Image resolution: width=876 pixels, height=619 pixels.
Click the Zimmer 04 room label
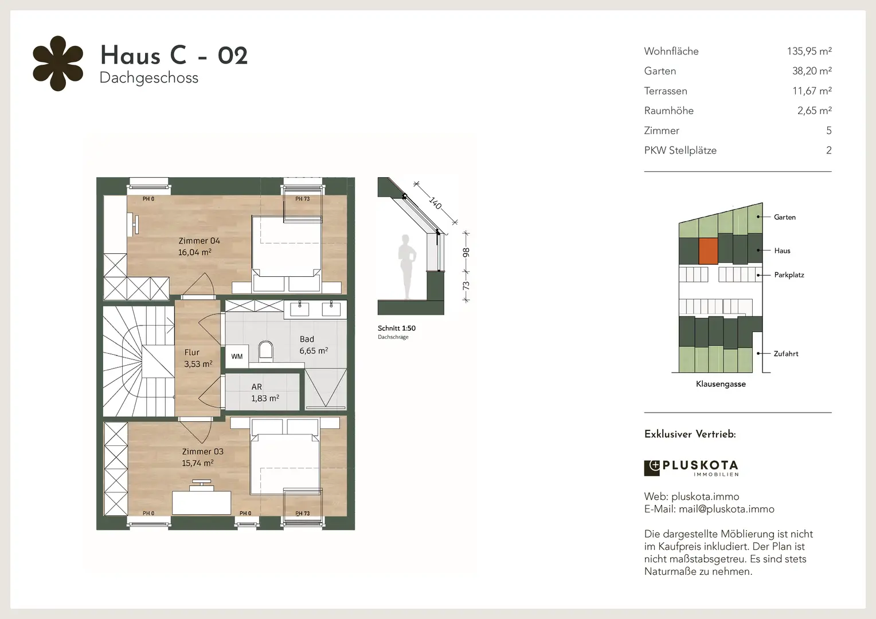pyautogui.click(x=199, y=246)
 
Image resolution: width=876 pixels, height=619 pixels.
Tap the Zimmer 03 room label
pyautogui.click(x=202, y=457)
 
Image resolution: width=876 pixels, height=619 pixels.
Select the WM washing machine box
pyautogui.click(x=237, y=356)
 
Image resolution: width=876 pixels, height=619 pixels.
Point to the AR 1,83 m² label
pyautogui.click(x=265, y=393)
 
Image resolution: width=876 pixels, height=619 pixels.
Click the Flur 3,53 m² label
pyautogui.click(x=198, y=358)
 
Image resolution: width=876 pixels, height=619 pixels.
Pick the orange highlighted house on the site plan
pyautogui.click(x=708, y=251)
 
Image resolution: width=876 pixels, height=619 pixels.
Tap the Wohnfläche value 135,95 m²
pyautogui.click(x=809, y=51)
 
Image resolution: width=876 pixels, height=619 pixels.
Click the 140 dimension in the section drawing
pyautogui.click(x=435, y=203)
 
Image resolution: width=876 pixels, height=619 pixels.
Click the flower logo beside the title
pyautogui.click(x=58, y=64)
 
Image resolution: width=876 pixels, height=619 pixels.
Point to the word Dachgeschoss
pyautogui.click(x=149, y=78)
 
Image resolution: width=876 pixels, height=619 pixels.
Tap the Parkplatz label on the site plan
pyautogui.click(x=789, y=275)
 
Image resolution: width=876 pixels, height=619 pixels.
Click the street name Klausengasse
pyautogui.click(x=721, y=384)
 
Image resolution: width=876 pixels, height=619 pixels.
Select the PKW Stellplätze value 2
pyautogui.click(x=828, y=151)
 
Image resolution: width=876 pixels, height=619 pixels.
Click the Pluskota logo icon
pyautogui.click(x=651, y=468)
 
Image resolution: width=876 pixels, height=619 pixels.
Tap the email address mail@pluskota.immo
pyautogui.click(x=726, y=509)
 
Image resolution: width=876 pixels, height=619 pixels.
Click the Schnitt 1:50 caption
pyautogui.click(x=397, y=328)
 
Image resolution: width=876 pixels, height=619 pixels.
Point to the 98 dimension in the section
pyautogui.click(x=466, y=253)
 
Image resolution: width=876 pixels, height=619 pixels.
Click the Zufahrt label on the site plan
pyautogui.click(x=786, y=354)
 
